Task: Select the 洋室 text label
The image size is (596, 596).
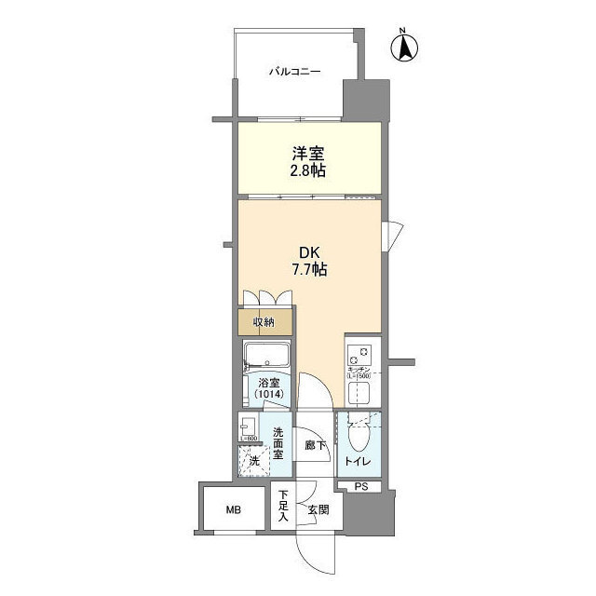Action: [308, 155]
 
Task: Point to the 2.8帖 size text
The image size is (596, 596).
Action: [308, 172]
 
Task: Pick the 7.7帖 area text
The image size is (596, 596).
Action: [308, 271]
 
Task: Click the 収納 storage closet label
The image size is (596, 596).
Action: [264, 322]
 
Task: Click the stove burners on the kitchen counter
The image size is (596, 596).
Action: [360, 354]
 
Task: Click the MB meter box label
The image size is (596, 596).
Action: [229, 509]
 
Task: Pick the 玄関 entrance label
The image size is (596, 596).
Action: [318, 509]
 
